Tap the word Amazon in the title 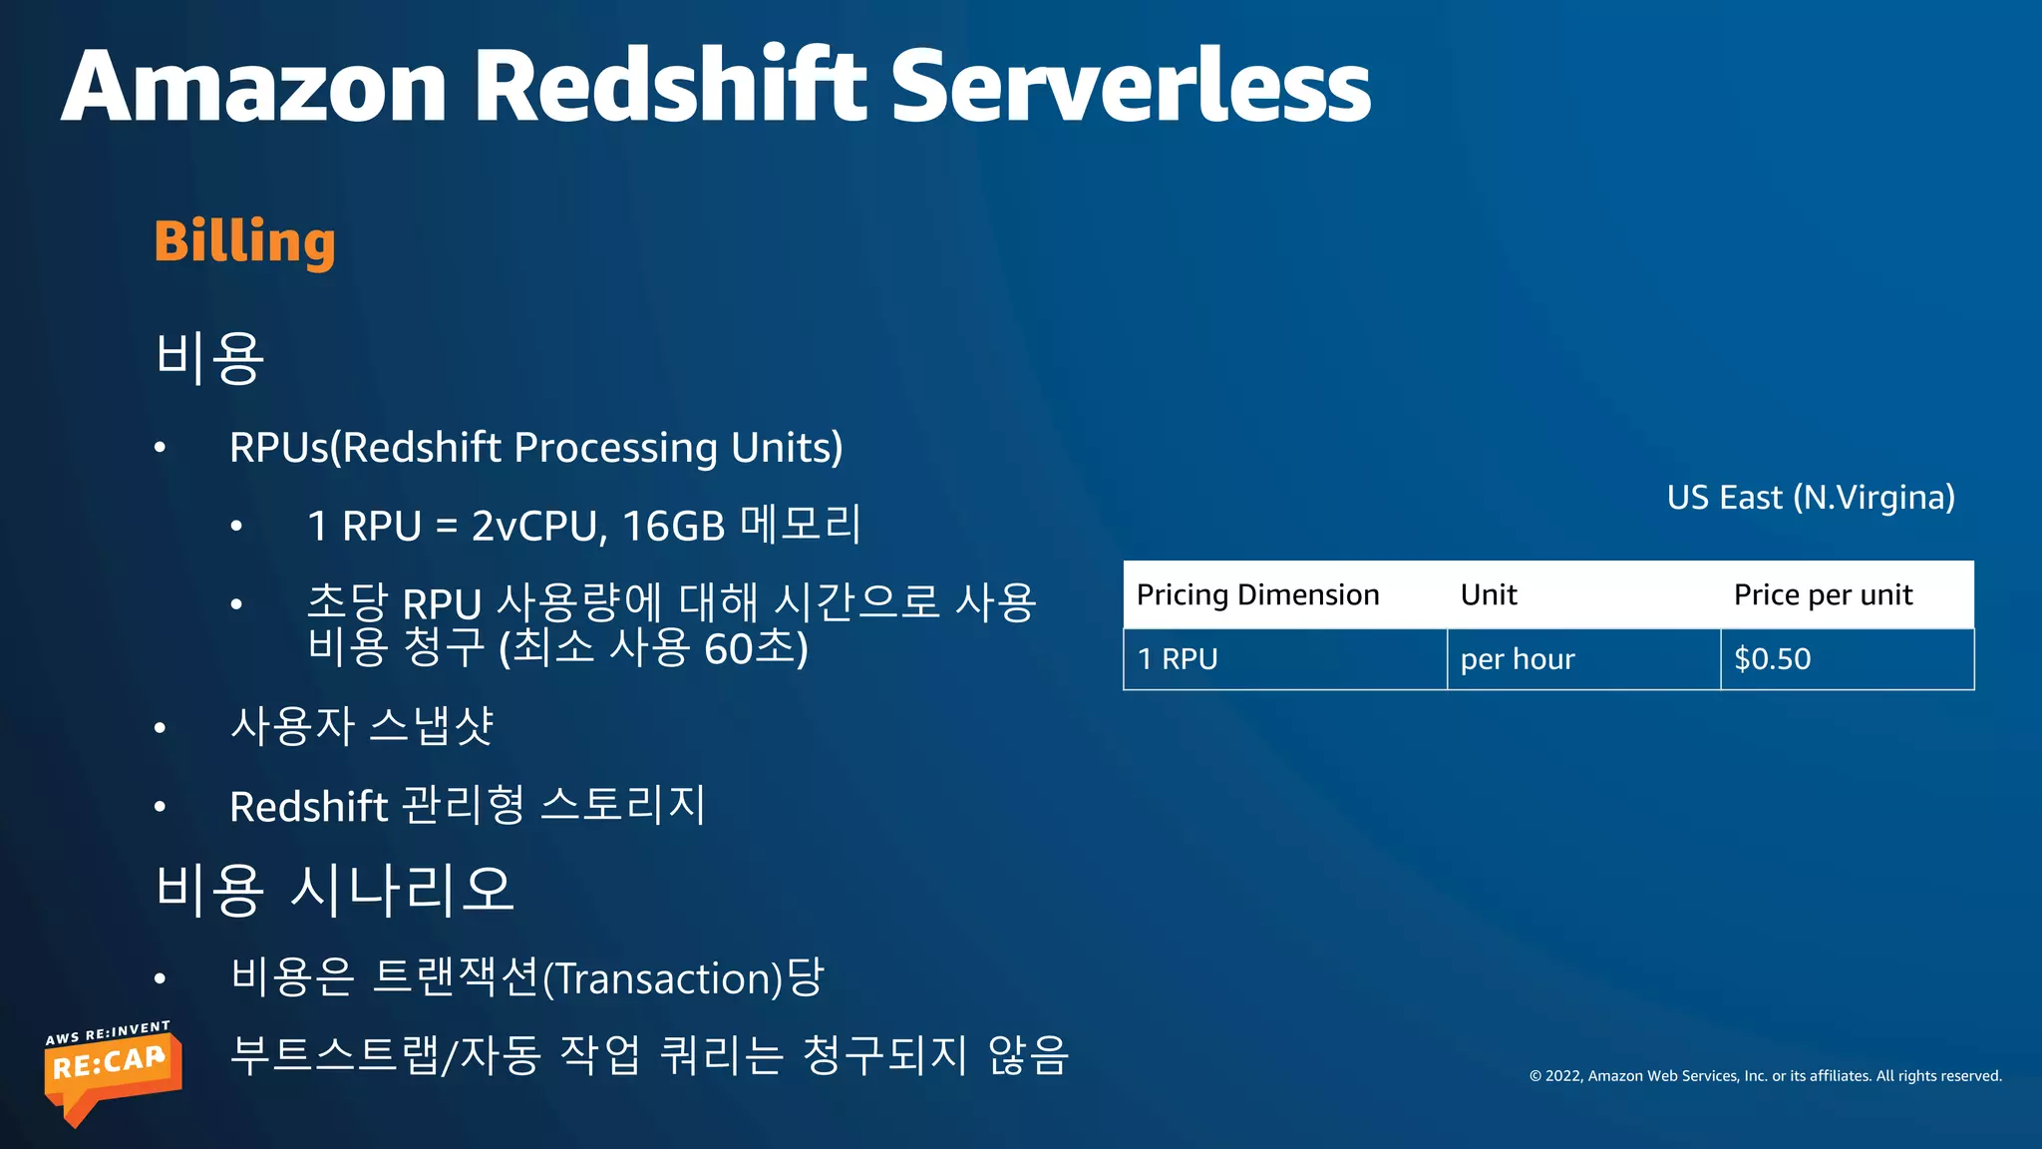click(254, 88)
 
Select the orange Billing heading click(244, 241)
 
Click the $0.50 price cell click(1772, 659)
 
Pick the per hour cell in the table click(1518, 659)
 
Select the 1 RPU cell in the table click(1178, 659)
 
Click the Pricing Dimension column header click(1257, 595)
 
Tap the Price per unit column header click(1823, 595)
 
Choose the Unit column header click(1489, 595)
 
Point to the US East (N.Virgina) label click(1810, 497)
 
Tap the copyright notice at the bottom click(1765, 1076)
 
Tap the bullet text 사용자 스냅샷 click(361, 726)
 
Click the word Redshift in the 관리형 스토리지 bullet click(308, 807)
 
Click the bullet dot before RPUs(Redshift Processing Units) click(160, 449)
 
